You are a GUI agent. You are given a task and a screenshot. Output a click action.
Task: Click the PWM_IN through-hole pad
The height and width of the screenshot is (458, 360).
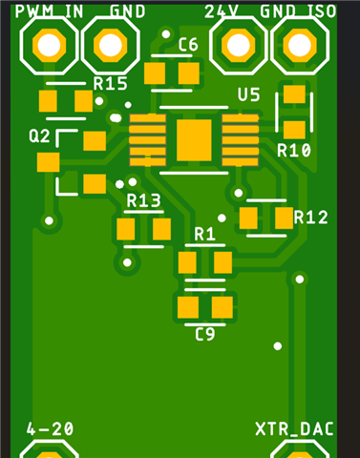[49, 45]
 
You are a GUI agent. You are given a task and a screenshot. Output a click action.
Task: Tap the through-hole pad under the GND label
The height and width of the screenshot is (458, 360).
[111, 45]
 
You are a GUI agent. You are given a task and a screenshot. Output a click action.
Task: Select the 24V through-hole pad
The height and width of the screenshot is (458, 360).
[238, 45]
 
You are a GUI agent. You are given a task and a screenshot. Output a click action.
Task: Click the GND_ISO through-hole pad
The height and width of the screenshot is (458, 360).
[299, 45]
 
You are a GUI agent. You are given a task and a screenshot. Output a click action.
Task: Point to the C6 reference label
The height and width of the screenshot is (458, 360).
[188, 45]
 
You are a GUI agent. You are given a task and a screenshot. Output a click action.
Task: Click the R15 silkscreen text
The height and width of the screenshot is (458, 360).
[110, 84]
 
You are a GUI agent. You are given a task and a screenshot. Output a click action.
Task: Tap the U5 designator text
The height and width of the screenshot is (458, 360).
[249, 94]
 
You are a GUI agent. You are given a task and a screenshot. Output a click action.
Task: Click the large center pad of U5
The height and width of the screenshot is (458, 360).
[194, 140]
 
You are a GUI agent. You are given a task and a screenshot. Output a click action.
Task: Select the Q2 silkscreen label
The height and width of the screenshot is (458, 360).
[39, 136]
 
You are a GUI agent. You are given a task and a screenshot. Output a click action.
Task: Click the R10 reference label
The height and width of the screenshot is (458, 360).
[294, 150]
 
